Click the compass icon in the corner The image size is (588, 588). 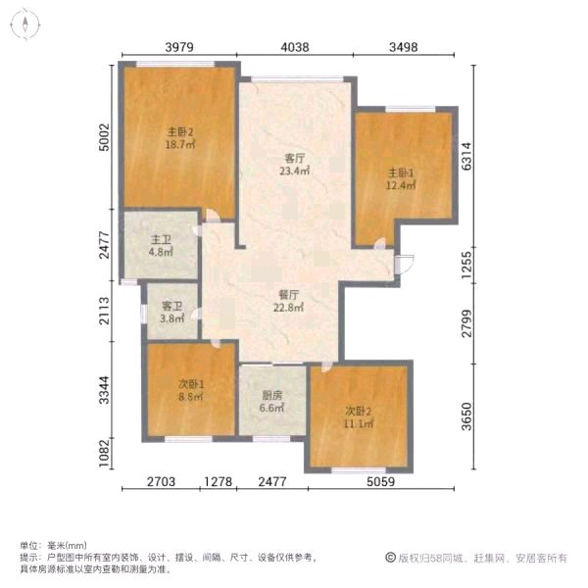(24, 24)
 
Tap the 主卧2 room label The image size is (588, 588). (180, 132)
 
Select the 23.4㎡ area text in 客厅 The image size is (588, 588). (294, 171)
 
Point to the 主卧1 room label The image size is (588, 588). (401, 173)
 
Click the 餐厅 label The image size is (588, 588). (289, 295)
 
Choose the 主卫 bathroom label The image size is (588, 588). (161, 240)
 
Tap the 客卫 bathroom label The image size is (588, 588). (172, 307)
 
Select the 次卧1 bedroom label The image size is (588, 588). (191, 384)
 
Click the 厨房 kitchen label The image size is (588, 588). (271, 395)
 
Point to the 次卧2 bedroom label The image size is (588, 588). (358, 412)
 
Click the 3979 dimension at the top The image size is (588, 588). (179, 47)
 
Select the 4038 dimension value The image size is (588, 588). (295, 47)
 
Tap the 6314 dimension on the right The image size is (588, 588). (466, 157)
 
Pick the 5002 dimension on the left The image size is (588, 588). (104, 137)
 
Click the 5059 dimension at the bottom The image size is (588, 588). (380, 481)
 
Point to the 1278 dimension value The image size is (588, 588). (218, 481)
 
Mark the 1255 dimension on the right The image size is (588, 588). (466, 266)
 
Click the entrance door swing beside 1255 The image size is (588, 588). (404, 265)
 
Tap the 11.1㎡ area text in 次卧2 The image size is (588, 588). (359, 424)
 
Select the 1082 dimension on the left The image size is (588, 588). (104, 454)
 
